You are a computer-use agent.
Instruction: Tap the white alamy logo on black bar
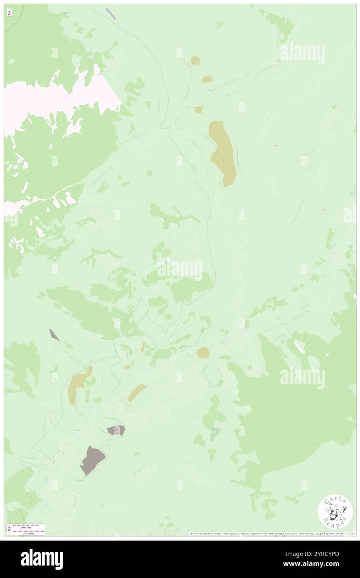tap(42, 559)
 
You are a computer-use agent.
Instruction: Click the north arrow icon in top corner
tap(9, 13)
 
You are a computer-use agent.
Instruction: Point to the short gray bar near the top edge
tap(111, 13)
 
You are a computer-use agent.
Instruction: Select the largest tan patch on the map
tap(223, 153)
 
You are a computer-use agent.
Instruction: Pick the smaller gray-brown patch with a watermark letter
tap(116, 430)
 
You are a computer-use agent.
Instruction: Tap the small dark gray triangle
tap(54, 334)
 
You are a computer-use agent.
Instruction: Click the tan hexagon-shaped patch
tap(203, 353)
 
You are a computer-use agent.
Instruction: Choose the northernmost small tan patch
tap(195, 61)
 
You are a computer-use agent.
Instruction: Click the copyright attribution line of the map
tap(270, 534)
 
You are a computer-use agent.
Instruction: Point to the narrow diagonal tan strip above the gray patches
tap(136, 392)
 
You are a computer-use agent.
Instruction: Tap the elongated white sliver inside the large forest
tap(299, 347)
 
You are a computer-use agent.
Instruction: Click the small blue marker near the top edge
tap(65, 13)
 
